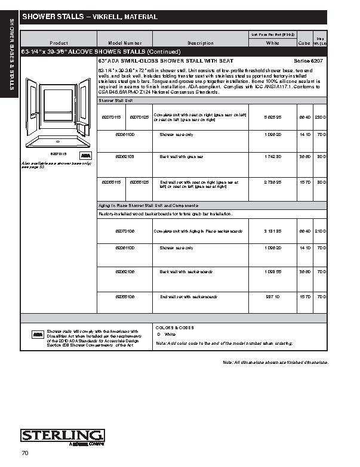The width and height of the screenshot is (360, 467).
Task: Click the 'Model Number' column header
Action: [x=125, y=44]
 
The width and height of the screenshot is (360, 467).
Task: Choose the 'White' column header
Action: [x=272, y=44]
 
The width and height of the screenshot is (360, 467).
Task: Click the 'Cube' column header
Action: [x=304, y=44]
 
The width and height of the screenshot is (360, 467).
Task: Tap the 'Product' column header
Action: [x=59, y=44]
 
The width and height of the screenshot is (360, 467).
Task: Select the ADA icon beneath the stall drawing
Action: [x=85, y=155]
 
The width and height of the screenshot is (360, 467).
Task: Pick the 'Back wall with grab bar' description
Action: [x=181, y=156]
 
